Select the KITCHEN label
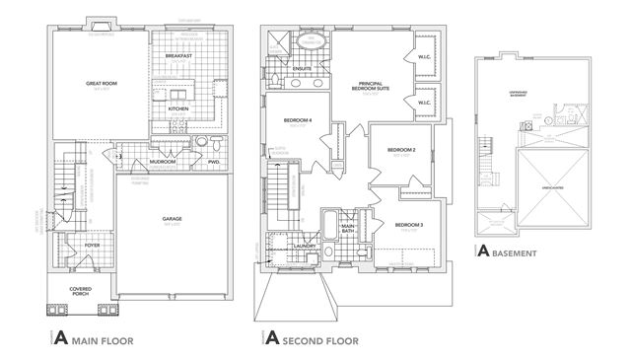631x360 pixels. point(177,108)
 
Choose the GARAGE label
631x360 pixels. point(173,220)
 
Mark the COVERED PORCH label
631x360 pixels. point(81,291)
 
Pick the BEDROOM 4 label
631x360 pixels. point(297,120)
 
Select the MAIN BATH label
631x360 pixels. point(348,230)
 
